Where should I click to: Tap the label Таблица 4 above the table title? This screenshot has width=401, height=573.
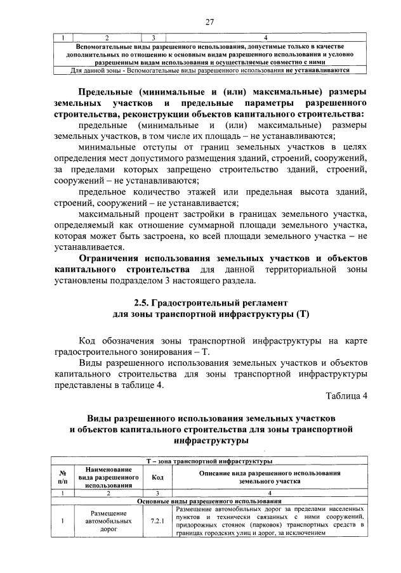click(x=346, y=396)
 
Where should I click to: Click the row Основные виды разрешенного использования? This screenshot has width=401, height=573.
click(x=209, y=501)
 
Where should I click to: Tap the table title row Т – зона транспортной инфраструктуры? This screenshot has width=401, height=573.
click(x=209, y=461)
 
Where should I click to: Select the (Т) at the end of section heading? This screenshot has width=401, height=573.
click(x=301, y=314)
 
